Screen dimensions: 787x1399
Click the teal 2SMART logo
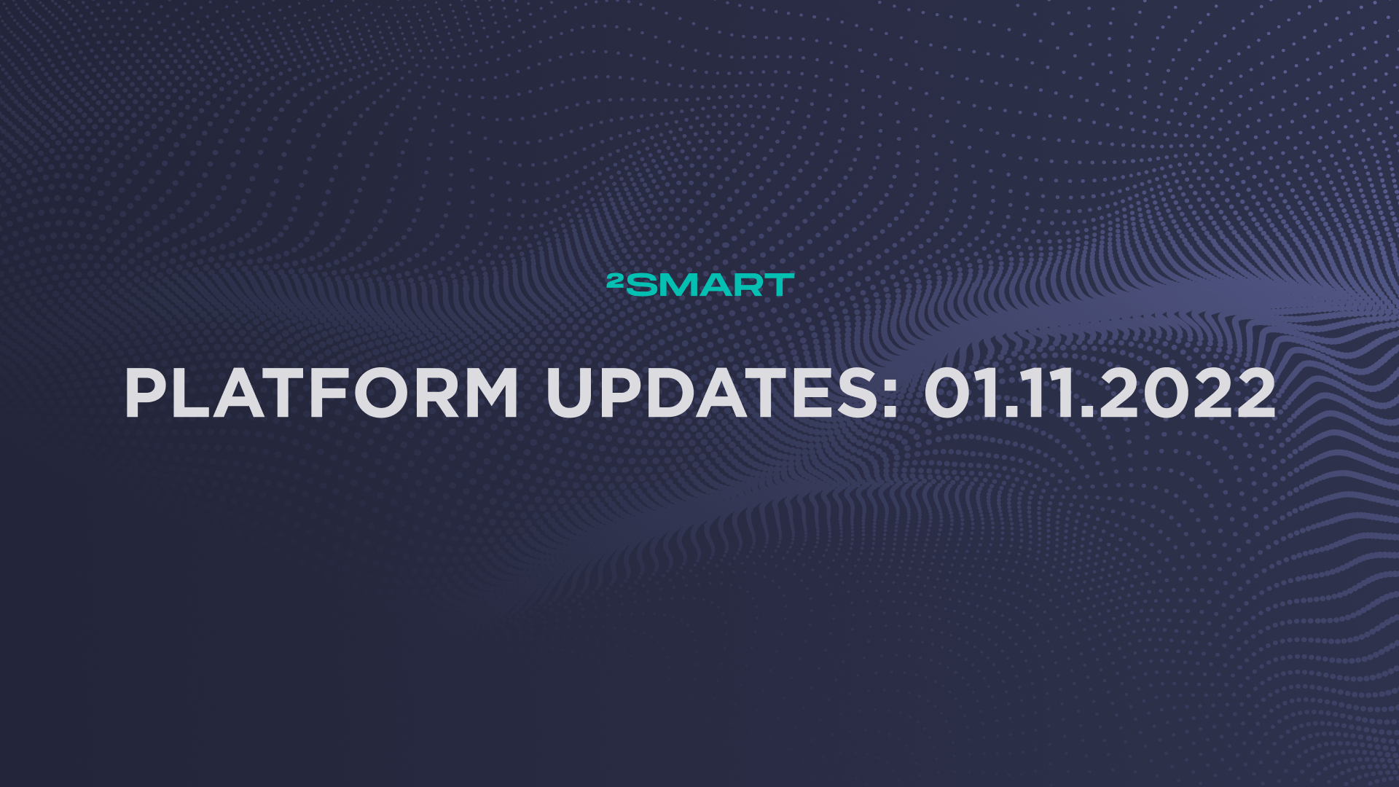click(700, 284)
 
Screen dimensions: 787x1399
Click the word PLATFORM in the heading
click(321, 393)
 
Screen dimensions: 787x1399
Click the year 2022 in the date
click(1188, 393)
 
